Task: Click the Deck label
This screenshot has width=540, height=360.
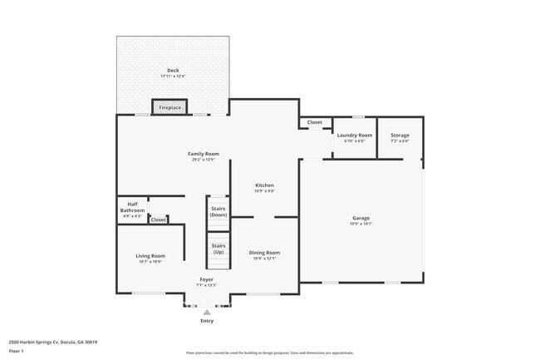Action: coord(173,70)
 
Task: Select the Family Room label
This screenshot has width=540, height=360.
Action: coord(203,154)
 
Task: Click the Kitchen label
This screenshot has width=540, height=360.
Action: coord(264,185)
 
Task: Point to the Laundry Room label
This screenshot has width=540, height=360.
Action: coord(354,135)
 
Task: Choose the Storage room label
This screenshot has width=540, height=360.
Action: coord(400,135)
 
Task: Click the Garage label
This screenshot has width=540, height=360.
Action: coord(361,218)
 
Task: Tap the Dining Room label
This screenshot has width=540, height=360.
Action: coord(264,253)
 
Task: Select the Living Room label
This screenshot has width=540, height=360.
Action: coord(151,256)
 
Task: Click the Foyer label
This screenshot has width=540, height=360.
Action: coord(206,279)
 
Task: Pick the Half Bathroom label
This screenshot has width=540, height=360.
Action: coord(132,208)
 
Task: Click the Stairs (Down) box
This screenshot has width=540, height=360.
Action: coord(218,211)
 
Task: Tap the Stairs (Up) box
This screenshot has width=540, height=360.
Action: coord(218,249)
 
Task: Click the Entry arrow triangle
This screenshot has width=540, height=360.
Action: coord(207,312)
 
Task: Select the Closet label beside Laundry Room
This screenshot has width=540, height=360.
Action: coord(314,122)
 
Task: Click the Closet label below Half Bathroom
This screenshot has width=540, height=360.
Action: coord(158,219)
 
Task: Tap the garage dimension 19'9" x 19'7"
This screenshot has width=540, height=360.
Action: coord(361,224)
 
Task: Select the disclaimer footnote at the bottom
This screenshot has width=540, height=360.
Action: coord(269,353)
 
